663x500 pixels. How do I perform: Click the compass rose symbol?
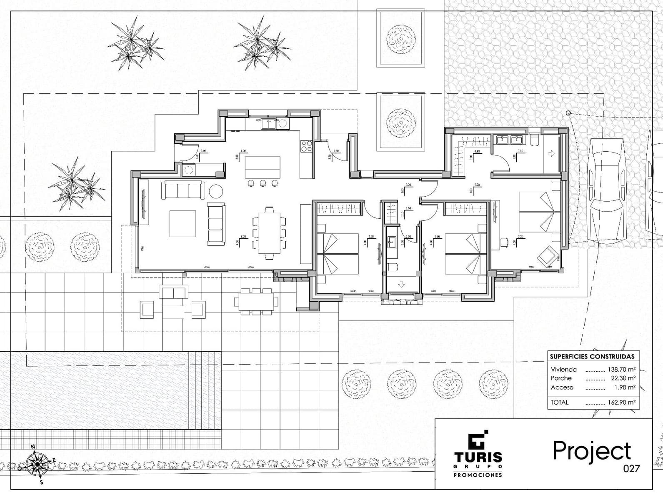point(37,463)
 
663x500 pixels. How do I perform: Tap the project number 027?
point(631,468)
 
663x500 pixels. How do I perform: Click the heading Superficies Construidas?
point(592,356)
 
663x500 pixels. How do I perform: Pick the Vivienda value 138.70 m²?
point(622,369)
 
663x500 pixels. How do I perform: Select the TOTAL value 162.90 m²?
point(622,402)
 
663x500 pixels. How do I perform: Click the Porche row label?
point(561,378)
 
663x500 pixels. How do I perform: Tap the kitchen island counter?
point(263,167)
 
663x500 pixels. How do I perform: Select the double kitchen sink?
point(267,123)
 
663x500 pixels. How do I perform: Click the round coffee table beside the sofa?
point(216,191)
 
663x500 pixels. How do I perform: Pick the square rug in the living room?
point(183,224)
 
